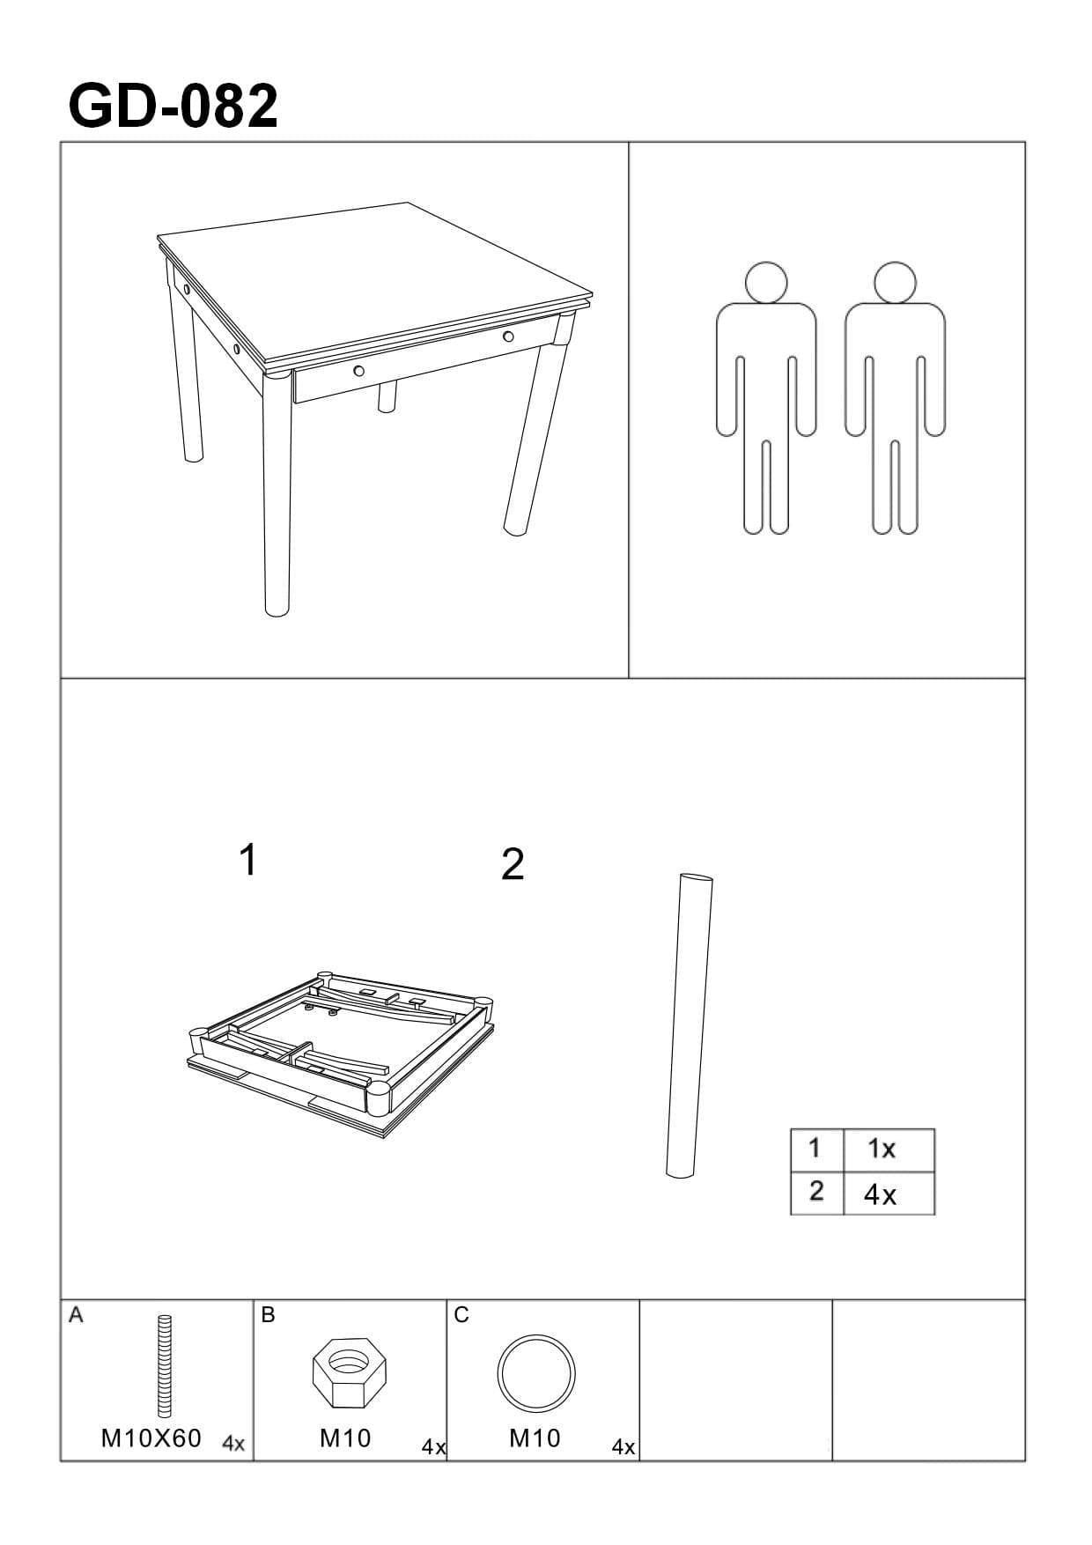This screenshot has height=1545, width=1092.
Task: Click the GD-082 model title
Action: click(173, 107)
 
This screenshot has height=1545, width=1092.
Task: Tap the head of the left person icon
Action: click(765, 282)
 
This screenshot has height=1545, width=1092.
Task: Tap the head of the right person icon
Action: click(895, 282)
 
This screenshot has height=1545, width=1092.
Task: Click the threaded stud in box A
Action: click(165, 1366)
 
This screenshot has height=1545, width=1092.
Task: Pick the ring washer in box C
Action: click(535, 1374)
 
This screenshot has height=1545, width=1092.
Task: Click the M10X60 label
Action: click(151, 1438)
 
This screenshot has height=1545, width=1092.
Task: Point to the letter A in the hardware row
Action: click(76, 1315)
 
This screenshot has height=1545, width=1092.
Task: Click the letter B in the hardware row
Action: click(269, 1315)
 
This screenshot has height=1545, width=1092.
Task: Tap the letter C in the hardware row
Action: click(461, 1315)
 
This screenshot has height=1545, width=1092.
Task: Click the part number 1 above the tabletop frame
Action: click(248, 860)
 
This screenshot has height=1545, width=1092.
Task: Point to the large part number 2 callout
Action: click(513, 865)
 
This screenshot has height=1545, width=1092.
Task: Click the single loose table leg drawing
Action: click(690, 1025)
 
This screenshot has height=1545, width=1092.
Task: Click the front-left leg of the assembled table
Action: click(277, 493)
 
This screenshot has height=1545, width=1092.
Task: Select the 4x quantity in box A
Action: click(233, 1444)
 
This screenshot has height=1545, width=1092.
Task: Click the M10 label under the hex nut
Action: click(345, 1438)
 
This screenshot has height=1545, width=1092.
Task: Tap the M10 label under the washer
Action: click(535, 1438)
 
